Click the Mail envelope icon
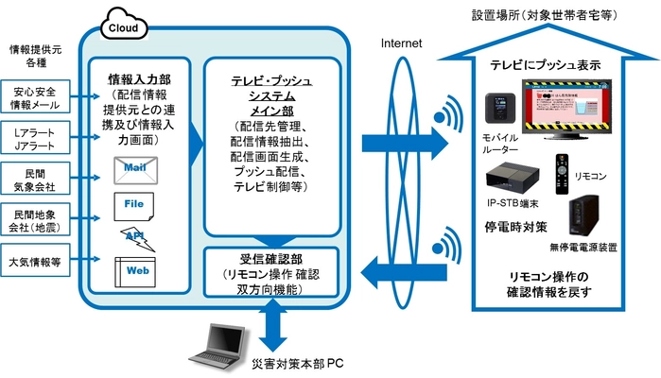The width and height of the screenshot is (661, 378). pyautogui.click(x=133, y=170)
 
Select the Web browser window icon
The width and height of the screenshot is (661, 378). pyautogui.click(x=133, y=270)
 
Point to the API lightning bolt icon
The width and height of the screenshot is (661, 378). pyautogui.click(x=134, y=236)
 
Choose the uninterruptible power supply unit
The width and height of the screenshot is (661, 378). pyautogui.click(x=583, y=216)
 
